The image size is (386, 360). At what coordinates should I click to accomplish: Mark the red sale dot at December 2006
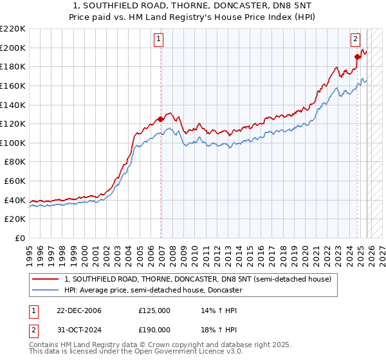pyautogui.click(x=160, y=119)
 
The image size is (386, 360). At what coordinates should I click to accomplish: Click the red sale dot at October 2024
pyautogui.click(x=357, y=57)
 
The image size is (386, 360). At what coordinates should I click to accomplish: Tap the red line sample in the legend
pyautogui.click(x=45, y=280)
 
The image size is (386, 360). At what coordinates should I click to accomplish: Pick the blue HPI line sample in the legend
pyautogui.click(x=45, y=291)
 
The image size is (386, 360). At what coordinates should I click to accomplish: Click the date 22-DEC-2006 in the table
pyautogui.click(x=78, y=310)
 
